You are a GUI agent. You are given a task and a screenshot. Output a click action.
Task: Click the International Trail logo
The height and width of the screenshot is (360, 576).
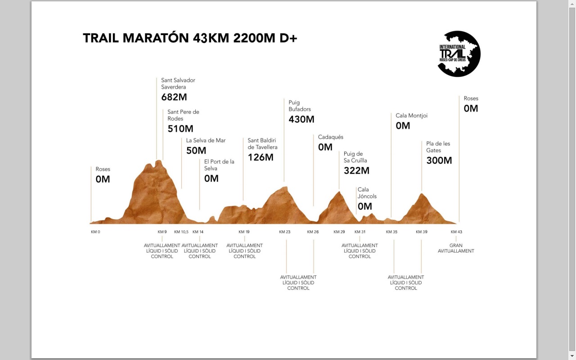click(x=459, y=54)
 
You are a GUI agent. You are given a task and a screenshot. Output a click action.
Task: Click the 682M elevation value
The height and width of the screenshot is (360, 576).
click(x=174, y=97)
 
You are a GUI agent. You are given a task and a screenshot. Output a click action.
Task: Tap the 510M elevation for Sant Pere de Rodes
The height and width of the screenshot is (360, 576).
click(x=180, y=129)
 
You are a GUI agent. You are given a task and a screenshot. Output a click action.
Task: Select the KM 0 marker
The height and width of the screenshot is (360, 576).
click(x=95, y=232)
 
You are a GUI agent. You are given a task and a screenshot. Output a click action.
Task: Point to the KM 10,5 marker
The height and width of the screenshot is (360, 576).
click(x=181, y=232)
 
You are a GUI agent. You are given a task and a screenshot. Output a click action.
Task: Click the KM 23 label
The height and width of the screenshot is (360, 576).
click(x=285, y=232)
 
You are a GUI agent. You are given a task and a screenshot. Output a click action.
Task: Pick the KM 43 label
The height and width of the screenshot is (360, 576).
click(x=456, y=232)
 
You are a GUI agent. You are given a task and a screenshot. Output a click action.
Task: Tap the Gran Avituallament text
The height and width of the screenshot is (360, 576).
click(x=456, y=248)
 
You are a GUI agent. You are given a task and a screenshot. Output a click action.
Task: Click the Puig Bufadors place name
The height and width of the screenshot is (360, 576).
click(x=300, y=106)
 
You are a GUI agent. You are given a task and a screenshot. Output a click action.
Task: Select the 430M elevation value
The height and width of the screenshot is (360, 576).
click(x=301, y=120)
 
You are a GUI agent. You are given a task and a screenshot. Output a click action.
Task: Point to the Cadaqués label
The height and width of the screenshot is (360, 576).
click(x=330, y=137)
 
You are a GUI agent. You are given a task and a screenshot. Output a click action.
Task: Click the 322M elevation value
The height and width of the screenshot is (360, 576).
click(x=356, y=171)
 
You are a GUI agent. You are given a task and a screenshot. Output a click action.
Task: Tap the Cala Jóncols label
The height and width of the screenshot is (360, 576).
click(x=367, y=193)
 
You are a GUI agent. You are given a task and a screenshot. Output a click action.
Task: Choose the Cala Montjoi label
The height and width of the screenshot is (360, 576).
click(x=411, y=116)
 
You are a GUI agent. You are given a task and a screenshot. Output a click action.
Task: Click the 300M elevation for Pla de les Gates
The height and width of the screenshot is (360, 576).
click(x=439, y=161)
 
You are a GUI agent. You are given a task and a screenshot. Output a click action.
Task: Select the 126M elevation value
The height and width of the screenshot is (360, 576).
click(x=261, y=157)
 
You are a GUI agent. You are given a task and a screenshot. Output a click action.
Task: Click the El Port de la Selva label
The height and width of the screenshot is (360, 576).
click(x=219, y=165)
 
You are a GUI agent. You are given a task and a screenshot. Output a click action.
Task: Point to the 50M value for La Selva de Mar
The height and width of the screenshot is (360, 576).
click(x=196, y=151)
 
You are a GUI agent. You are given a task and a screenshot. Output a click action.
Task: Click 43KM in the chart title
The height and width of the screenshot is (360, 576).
click(x=211, y=38)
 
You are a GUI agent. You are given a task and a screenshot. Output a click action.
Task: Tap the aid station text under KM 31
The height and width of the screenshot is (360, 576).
click(x=360, y=251)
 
